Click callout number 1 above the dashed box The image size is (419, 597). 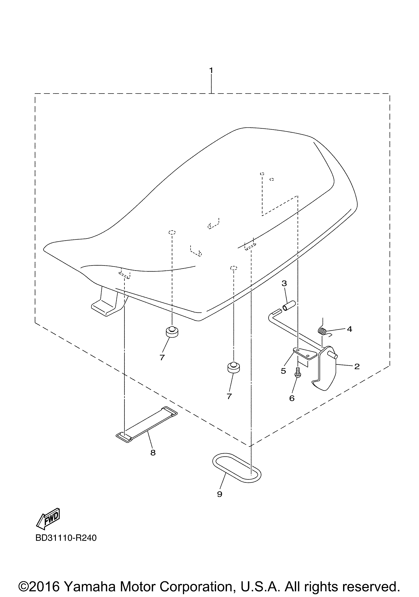pyautogui.click(x=211, y=71)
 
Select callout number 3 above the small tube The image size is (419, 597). pyautogui.click(x=284, y=283)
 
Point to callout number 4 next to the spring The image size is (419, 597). pyautogui.click(x=349, y=329)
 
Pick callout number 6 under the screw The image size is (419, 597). pyautogui.click(x=292, y=398)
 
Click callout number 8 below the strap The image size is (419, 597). pyautogui.click(x=153, y=453)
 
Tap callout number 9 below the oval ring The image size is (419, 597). pyautogui.click(x=220, y=494)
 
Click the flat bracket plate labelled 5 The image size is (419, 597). pyautogui.click(x=306, y=354)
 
